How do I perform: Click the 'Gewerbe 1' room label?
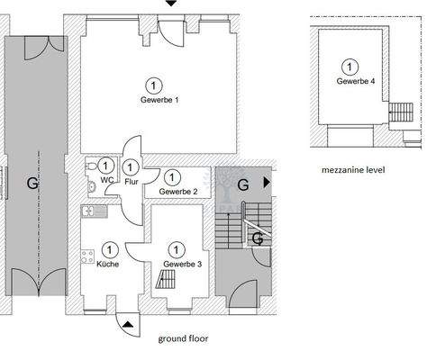click(159, 100)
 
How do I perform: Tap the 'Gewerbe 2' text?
click(178, 192)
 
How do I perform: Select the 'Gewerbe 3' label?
click(183, 264)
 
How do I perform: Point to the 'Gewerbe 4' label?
click(356, 81)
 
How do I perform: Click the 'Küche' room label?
click(106, 264)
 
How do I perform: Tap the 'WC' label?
click(107, 180)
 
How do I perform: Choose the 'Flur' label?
click(132, 181)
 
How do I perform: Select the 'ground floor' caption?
click(184, 338)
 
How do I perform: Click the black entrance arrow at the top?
click(171, 4)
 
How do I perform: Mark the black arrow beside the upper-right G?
click(265, 182)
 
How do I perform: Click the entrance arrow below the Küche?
click(129, 323)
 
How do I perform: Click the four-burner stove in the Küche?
click(89, 256)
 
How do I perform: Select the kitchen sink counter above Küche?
click(93, 211)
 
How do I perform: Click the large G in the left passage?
click(32, 183)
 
